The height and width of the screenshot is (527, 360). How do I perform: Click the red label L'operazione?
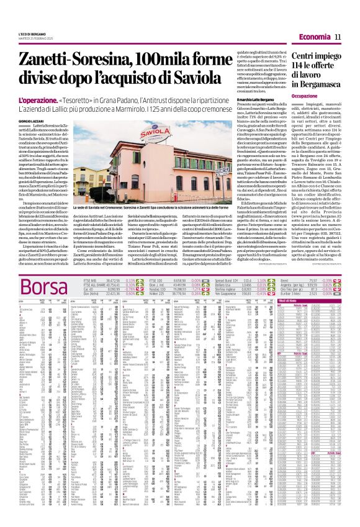point(38,99)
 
